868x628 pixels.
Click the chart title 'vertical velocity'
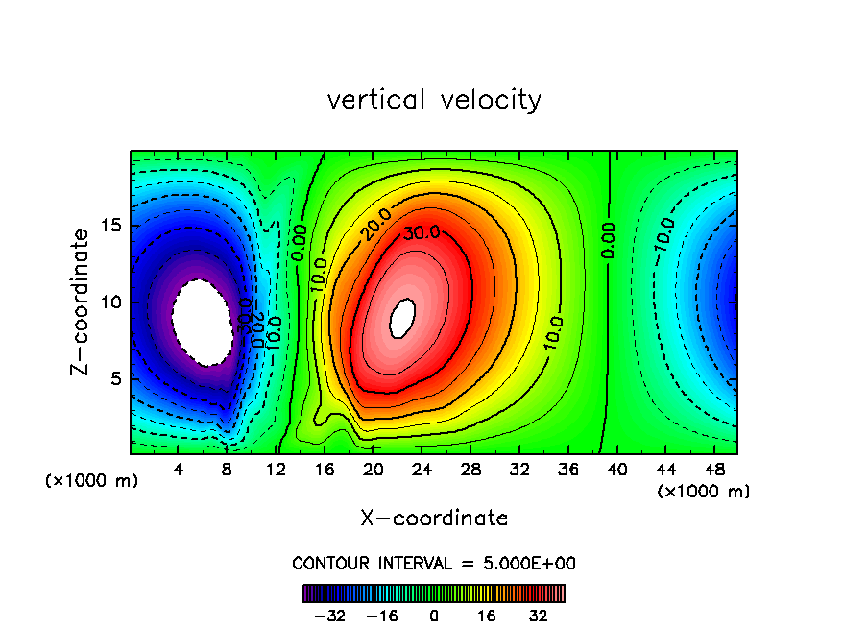point(434,100)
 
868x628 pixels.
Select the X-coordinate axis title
point(434,519)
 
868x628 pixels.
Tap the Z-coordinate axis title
point(82,302)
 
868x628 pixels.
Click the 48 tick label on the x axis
point(713,471)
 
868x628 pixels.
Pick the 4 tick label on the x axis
point(179,471)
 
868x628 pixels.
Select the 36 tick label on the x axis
point(567,471)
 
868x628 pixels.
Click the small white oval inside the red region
point(404,315)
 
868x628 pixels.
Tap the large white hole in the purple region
point(202,322)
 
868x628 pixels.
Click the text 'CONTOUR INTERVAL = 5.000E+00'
point(434,563)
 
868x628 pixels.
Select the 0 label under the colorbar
point(434,616)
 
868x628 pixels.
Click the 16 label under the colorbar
point(487,616)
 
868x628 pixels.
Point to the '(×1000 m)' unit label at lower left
point(92,481)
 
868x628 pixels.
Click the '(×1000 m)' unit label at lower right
point(704,492)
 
